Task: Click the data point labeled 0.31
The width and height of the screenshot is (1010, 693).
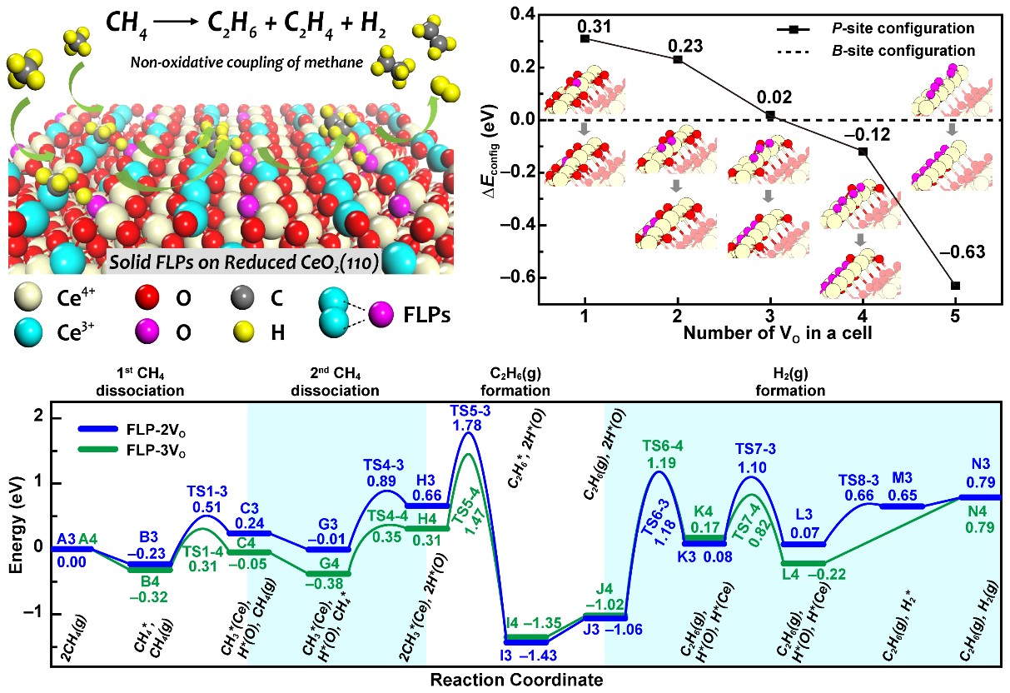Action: (585, 38)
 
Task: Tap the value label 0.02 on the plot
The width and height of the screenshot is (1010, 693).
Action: (770, 97)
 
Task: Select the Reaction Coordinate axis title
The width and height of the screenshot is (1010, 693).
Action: (515, 681)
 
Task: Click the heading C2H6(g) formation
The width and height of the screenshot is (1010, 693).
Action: (515, 383)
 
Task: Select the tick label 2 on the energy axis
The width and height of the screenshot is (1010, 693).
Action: (37, 417)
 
